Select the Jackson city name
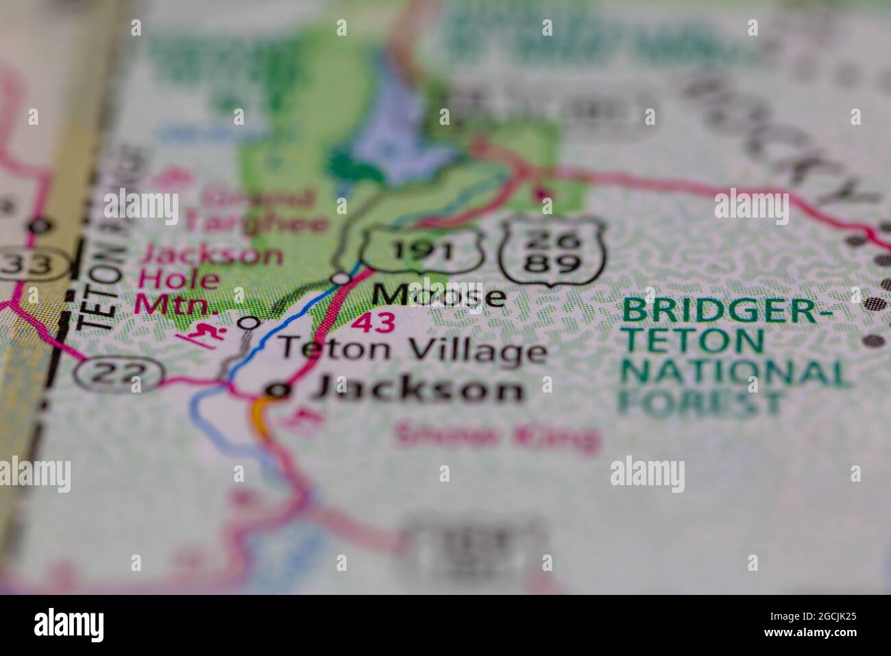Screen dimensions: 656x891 [x=418, y=390]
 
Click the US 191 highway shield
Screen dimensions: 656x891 [x=424, y=248]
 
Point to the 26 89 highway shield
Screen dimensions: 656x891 [x=552, y=252]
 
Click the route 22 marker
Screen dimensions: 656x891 [x=118, y=373]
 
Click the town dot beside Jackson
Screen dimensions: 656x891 [x=276, y=390]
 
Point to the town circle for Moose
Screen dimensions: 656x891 [x=341, y=279]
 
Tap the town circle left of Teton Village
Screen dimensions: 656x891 [x=252, y=322]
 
